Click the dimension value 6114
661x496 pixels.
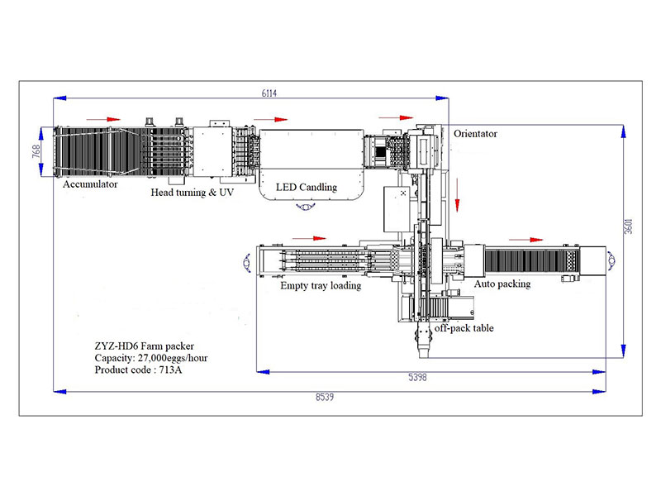click(x=269, y=93)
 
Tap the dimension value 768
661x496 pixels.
click(x=36, y=151)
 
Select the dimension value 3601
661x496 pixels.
click(x=628, y=227)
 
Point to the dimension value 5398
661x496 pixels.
click(x=417, y=377)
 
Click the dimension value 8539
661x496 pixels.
click(x=325, y=397)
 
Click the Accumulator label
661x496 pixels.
click(x=90, y=184)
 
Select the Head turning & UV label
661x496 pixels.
click(x=193, y=193)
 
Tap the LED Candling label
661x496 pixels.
click(x=307, y=187)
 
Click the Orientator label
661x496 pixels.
click(x=476, y=134)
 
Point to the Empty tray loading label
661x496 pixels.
click(x=321, y=285)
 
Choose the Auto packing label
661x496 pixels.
click(x=502, y=284)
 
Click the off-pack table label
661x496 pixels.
click(x=464, y=328)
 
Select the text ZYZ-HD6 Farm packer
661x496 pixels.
click(x=144, y=346)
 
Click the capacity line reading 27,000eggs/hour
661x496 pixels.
click(x=151, y=358)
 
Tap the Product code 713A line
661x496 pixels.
click(x=138, y=370)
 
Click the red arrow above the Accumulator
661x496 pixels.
click(x=103, y=119)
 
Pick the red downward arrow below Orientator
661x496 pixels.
click(x=458, y=195)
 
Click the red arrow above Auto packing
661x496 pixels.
click(x=526, y=240)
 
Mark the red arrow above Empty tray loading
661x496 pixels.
click(x=309, y=238)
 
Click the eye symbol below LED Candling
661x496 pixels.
click(x=306, y=206)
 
